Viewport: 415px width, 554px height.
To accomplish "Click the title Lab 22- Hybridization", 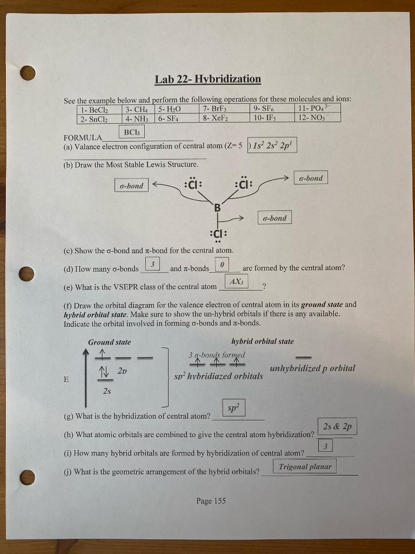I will [x=207, y=80].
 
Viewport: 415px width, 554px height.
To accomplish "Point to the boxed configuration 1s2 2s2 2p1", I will [x=271, y=146].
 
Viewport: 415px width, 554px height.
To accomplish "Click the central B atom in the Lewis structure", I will [x=217, y=207].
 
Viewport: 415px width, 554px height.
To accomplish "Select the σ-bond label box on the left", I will [x=131, y=186].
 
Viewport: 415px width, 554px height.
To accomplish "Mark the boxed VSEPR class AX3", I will [x=236, y=282].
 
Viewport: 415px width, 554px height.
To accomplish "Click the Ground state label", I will [x=109, y=342].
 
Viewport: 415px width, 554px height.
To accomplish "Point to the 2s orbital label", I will [x=107, y=392].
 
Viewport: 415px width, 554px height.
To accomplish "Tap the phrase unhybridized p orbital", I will [x=312, y=368].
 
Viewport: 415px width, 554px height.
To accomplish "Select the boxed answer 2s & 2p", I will [x=337, y=427].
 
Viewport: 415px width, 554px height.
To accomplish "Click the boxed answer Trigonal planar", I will [x=305, y=466].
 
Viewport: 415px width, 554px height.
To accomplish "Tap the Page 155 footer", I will [x=211, y=501].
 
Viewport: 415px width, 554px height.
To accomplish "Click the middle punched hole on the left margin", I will [x=26, y=274].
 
